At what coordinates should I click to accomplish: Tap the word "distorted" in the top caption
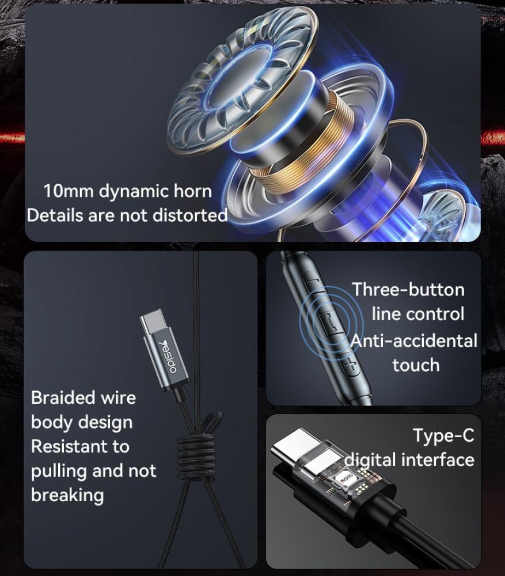point(189,215)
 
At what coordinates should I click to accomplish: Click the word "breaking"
point(67,495)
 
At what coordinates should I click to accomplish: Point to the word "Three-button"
point(408,290)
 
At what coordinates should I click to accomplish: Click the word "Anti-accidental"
point(414,341)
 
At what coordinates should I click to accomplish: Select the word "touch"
point(416,365)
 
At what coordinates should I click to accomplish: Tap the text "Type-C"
point(444,435)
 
